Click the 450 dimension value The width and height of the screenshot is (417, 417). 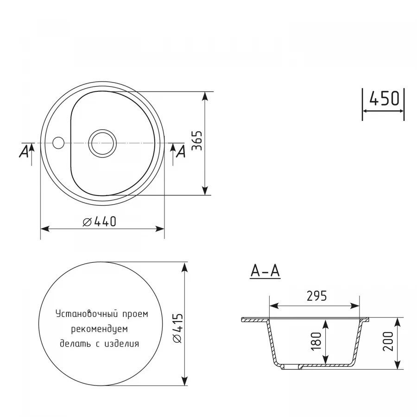[384, 98]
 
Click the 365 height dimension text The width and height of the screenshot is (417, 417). [196, 141]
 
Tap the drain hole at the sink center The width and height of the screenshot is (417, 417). [102, 142]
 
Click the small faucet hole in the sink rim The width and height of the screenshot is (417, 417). [58, 142]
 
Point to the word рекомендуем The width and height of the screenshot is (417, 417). [99, 329]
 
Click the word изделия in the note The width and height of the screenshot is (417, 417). [123, 344]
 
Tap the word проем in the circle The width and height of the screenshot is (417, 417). [135, 314]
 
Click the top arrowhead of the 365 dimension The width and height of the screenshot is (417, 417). [204, 95]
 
